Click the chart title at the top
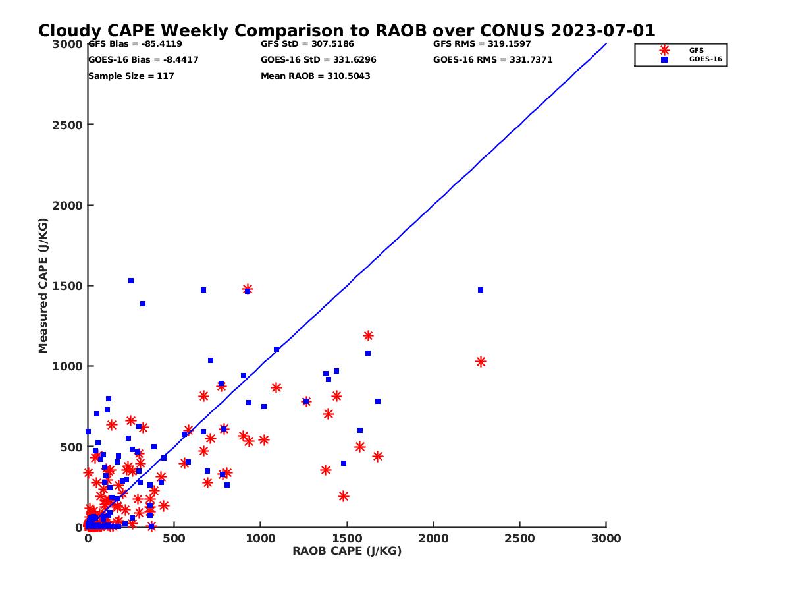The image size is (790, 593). tap(346, 31)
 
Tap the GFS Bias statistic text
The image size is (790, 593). tap(135, 44)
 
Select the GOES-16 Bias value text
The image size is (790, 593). tap(143, 60)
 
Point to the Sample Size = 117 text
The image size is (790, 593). tap(131, 76)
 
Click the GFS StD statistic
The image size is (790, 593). tap(307, 44)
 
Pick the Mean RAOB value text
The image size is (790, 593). tap(315, 76)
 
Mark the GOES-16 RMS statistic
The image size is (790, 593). tap(492, 60)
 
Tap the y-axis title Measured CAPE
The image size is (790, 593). tap(43, 285)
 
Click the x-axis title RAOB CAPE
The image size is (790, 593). tap(347, 551)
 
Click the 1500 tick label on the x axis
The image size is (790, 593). tap(347, 538)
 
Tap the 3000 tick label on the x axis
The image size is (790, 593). tap(606, 538)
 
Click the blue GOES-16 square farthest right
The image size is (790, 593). tap(481, 290)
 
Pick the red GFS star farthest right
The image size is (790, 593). tap(481, 362)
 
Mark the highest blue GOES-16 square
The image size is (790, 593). tap(131, 281)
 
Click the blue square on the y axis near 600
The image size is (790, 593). tap(88, 432)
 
